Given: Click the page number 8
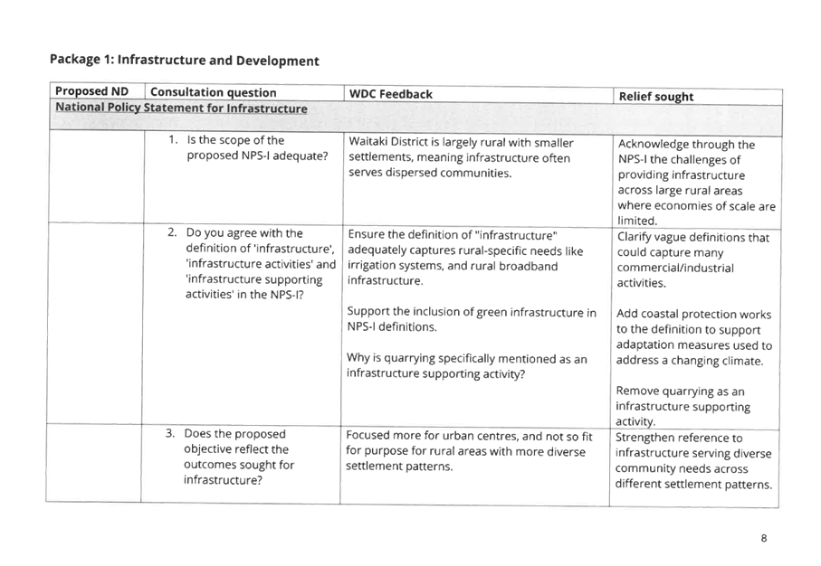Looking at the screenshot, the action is [764, 538].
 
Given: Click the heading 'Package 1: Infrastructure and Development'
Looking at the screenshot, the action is [185, 61].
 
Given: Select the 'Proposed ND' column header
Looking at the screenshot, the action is [91, 91].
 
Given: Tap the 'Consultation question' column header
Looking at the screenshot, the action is [213, 92].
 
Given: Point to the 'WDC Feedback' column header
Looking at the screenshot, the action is [391, 94].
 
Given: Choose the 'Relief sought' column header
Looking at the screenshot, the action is [656, 97].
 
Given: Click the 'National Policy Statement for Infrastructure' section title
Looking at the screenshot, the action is [181, 108].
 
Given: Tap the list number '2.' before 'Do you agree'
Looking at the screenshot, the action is [172, 232].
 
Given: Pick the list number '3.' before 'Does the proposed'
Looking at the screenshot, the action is [170, 433].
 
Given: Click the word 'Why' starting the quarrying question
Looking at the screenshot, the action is [358, 358].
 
